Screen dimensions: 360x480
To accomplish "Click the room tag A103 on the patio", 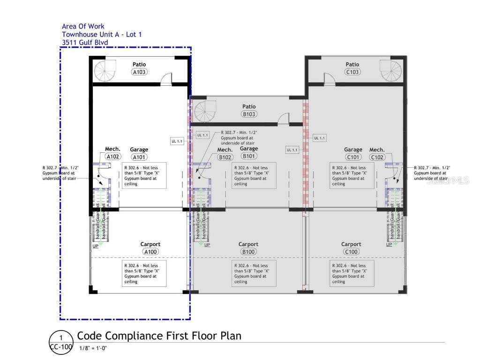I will pyautogui.click(x=139, y=72).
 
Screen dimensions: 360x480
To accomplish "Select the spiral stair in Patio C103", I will pyautogui.click(x=391, y=71).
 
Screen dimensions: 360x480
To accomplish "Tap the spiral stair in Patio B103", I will pyautogui.click(x=206, y=112).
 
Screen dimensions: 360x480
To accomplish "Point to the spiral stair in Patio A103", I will pyautogui.click(x=105, y=71).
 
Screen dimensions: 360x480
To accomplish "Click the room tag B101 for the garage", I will pyautogui.click(x=249, y=156).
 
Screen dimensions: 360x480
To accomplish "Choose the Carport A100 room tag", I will pyautogui.click(x=150, y=252).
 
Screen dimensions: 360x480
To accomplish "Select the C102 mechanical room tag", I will pyautogui.click(x=377, y=157).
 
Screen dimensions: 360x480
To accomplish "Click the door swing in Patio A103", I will pyautogui.click(x=166, y=80).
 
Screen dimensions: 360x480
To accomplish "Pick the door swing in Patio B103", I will pyautogui.click(x=284, y=120).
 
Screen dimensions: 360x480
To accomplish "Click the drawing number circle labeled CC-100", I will pyautogui.click(x=60, y=342).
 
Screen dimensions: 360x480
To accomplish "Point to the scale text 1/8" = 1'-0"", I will pyautogui.click(x=93, y=348).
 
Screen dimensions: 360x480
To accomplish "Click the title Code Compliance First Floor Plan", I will pyautogui.click(x=159, y=336).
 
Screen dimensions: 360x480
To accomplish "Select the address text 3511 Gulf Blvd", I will pyautogui.click(x=85, y=43).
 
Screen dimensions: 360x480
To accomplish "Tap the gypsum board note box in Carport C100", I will pyautogui.click(x=352, y=273).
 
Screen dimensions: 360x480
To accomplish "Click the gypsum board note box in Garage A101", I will pyautogui.click(x=144, y=176).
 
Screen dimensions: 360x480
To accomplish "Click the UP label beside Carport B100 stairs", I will pyautogui.click(x=207, y=245).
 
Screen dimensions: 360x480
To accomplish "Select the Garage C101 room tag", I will pyautogui.click(x=352, y=157).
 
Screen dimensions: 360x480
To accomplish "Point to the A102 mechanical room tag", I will pyautogui.click(x=112, y=157).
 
